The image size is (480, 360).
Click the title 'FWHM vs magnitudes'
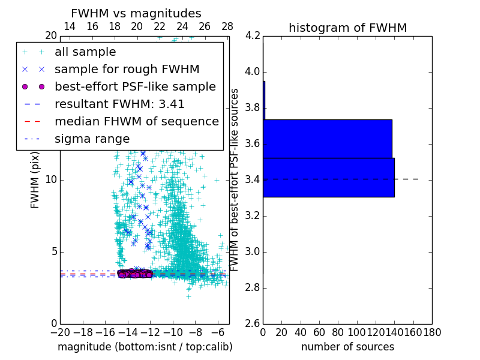coord(136,13)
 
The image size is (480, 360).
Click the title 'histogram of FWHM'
coord(347,28)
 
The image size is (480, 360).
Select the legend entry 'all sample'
coord(85,52)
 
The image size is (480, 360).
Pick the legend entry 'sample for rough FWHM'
coord(127,69)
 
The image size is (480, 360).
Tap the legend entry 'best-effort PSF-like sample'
coord(135,86)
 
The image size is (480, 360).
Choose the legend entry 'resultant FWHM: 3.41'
coord(119,104)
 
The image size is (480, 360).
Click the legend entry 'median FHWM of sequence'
coord(137,121)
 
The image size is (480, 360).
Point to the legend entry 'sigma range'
coord(92,139)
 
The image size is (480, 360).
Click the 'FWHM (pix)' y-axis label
coord(35,181)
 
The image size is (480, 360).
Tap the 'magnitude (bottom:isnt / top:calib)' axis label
coord(145,347)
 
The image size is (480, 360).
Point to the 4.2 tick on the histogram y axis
coord(253,36)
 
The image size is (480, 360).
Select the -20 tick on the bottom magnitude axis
coord(60,332)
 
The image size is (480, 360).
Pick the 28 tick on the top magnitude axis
coord(227,26)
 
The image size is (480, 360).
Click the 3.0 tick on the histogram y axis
coord(253,251)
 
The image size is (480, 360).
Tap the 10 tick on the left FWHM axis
coord(50,180)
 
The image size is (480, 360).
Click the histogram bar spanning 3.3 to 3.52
coord(328,177)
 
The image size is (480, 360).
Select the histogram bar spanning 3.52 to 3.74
coord(327,139)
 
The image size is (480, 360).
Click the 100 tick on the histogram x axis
coord(357,332)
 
